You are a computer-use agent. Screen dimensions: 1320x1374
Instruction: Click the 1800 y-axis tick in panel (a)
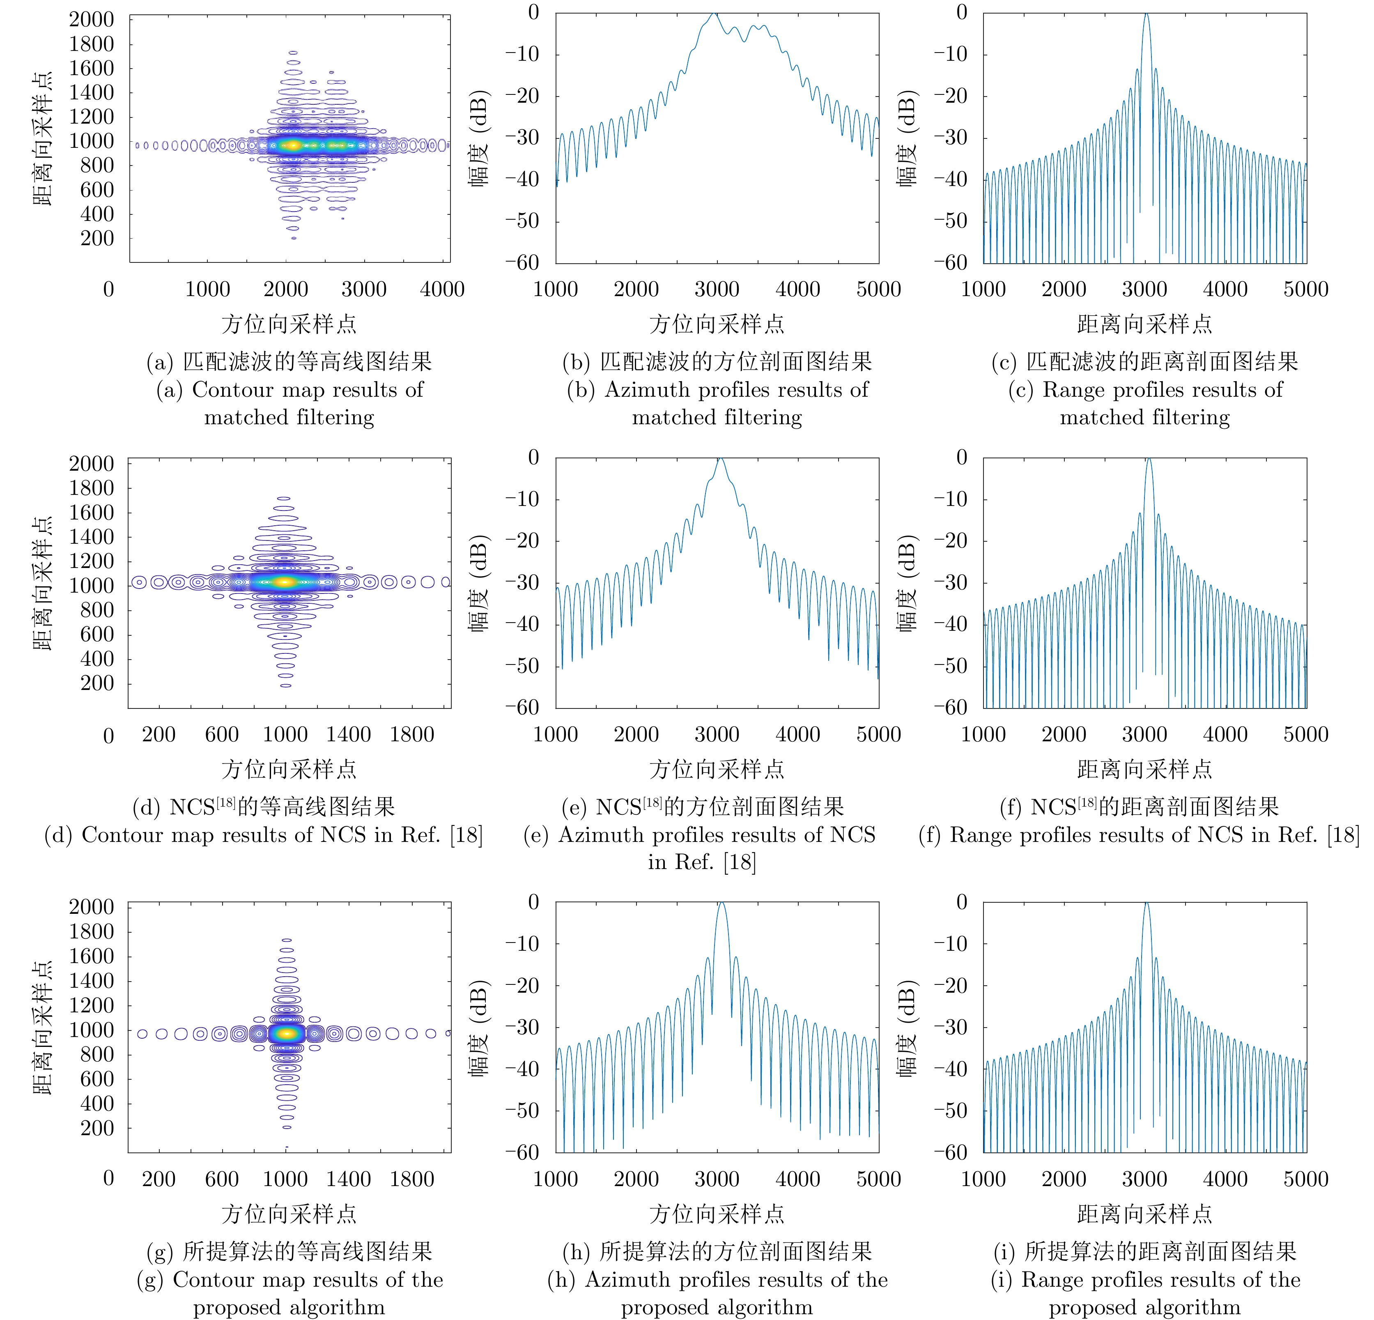pos(91,44)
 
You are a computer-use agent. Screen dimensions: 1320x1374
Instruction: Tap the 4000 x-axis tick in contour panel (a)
pos(442,289)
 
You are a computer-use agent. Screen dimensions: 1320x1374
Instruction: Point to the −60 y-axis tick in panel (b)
pos(522,263)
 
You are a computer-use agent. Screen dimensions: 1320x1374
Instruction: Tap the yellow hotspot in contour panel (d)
pos(283,581)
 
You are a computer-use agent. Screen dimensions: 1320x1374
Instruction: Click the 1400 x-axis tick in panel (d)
pos(348,734)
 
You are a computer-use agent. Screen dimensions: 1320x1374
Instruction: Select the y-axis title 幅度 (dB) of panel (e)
pos(479,583)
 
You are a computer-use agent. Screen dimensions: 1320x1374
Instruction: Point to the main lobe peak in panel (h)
pos(721,904)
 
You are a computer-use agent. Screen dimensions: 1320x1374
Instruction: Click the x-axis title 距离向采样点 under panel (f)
pos(1145,769)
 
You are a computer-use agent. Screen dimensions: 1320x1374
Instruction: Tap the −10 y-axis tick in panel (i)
pos(951,943)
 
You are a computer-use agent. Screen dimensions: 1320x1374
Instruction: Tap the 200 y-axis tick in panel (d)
pos(97,683)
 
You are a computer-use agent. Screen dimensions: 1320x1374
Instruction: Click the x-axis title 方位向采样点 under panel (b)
pos(717,324)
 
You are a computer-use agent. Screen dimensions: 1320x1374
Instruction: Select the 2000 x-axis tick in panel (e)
pos(636,734)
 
